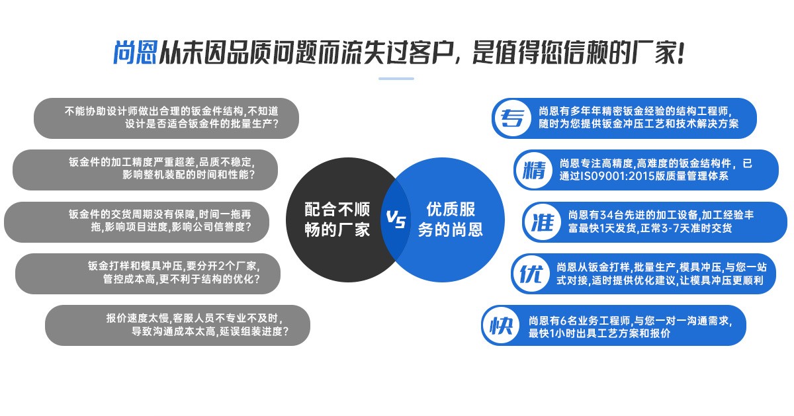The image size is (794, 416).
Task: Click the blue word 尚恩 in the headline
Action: click(135, 54)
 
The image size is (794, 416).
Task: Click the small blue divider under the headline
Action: click(396, 79)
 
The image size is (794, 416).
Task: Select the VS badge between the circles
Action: click(396, 219)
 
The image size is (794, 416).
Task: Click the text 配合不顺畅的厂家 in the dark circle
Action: click(337, 220)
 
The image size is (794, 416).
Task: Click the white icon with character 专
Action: click(511, 118)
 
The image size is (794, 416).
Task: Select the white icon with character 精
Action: click(533, 170)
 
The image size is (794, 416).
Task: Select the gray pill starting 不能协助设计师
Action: click(167, 118)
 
